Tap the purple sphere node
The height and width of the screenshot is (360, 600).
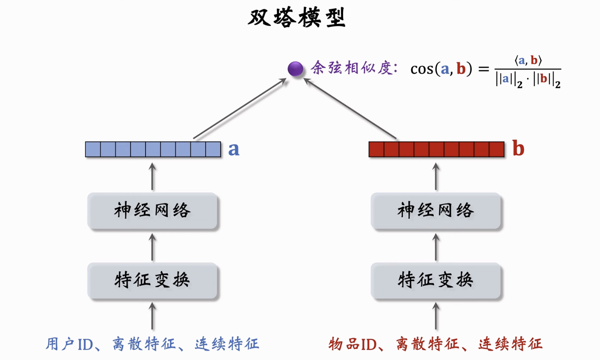(295, 69)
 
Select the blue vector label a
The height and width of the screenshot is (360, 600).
(234, 149)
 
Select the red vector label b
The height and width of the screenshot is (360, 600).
(518, 149)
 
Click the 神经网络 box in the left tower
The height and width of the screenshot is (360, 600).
(152, 211)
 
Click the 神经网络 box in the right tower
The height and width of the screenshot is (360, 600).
(436, 211)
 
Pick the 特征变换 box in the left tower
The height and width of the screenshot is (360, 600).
(152, 280)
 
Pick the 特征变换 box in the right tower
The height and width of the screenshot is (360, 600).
(436, 280)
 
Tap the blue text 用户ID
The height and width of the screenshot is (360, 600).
(70, 344)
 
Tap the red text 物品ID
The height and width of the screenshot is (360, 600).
(352, 344)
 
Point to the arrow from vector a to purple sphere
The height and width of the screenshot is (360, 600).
(239, 109)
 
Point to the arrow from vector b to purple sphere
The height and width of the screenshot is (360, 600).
(350, 109)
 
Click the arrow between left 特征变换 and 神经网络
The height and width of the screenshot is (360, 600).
(153, 247)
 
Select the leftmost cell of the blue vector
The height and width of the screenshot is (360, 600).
(93, 149)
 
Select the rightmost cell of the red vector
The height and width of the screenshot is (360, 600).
(497, 149)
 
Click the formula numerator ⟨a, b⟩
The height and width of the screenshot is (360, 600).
(528, 61)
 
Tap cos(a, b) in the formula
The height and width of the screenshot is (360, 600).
(441, 69)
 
